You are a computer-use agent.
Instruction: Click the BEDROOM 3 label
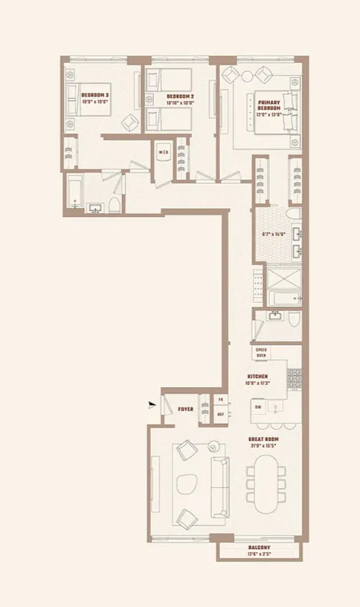95,95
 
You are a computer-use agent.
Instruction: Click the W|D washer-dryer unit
163,152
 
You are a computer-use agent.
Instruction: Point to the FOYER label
185,409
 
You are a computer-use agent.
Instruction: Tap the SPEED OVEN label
261,353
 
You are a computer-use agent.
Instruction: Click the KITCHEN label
257,376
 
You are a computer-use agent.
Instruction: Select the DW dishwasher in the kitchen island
257,408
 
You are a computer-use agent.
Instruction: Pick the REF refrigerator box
220,414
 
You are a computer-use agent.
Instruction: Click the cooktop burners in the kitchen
293,378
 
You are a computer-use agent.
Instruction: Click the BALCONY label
258,548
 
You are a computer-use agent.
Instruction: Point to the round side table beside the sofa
213,446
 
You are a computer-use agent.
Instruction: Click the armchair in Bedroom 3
130,122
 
